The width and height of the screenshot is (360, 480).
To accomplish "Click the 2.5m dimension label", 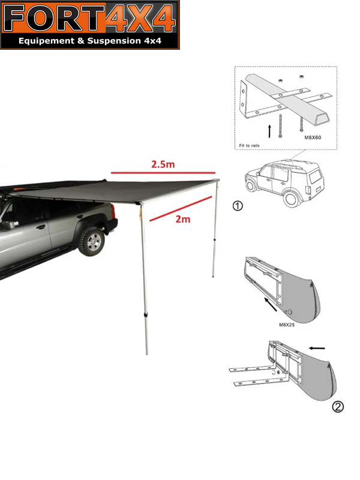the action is (x=163, y=164).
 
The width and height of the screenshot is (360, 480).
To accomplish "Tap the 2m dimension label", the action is (x=183, y=219).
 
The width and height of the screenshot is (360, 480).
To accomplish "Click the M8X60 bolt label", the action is (x=313, y=137).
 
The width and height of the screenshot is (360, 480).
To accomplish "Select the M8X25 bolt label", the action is (x=287, y=325).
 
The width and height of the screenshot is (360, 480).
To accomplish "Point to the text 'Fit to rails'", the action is (x=249, y=145).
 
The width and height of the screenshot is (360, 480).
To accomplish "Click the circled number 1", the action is (x=238, y=206).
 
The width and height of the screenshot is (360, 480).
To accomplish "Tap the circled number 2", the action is (x=338, y=407).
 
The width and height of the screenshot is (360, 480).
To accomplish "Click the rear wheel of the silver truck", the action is (x=92, y=241).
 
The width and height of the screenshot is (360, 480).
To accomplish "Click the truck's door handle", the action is (x=41, y=227).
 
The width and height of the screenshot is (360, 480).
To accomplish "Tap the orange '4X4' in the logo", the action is (x=140, y=19).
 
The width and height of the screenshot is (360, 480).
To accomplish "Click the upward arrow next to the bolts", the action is (x=269, y=131).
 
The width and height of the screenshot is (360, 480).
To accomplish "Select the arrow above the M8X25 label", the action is (x=271, y=305).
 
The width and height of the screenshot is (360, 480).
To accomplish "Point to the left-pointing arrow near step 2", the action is (x=317, y=348).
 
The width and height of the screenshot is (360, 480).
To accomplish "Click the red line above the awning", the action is (x=163, y=173).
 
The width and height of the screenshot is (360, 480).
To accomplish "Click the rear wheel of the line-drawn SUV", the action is (x=292, y=198).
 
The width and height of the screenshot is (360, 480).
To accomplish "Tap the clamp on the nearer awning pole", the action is (x=146, y=316).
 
